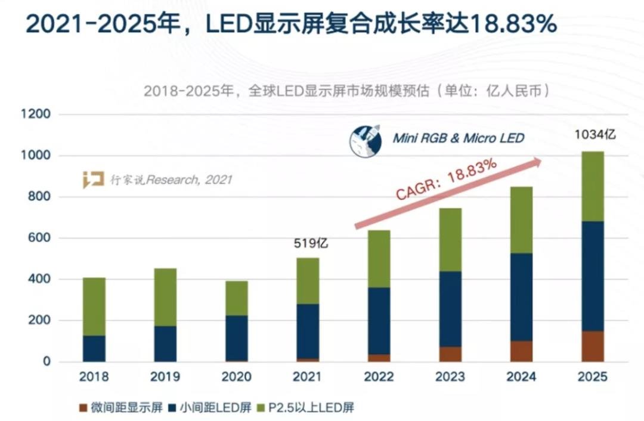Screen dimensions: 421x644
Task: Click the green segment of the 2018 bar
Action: pos(94,307)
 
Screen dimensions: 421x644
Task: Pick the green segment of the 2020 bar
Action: pos(237,298)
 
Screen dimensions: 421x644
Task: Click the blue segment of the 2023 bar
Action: pos(450,309)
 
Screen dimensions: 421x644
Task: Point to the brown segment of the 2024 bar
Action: pos(521,351)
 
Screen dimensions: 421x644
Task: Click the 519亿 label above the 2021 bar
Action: pos(311,243)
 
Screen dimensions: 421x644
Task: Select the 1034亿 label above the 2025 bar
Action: pos(595,135)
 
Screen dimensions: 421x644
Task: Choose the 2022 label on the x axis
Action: pos(379,377)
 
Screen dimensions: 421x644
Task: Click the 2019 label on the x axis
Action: pos(165,377)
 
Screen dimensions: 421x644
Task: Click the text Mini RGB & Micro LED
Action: pos(458,138)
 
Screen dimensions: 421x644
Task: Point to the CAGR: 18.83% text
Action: pos(446,180)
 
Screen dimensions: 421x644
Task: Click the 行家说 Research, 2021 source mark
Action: pos(158,179)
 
